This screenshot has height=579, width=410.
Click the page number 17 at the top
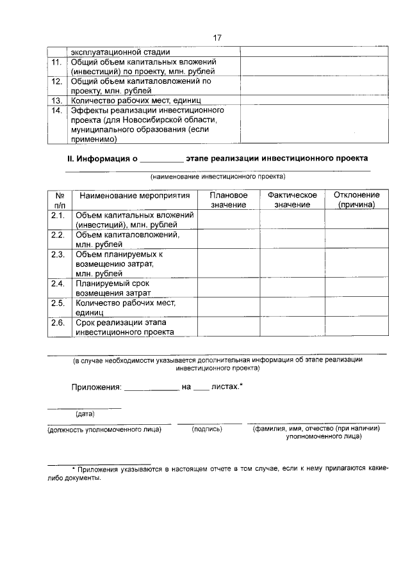tap(217, 38)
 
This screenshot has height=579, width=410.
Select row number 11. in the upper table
tap(57, 62)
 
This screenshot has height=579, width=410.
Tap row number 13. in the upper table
tap(57, 100)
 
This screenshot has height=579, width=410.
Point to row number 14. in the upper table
tap(57, 110)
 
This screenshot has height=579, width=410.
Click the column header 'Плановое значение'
tap(229, 200)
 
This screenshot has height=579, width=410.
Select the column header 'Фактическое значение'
tap(292, 200)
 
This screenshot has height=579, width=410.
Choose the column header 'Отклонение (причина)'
tap(357, 200)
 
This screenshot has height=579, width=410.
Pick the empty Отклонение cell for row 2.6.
tap(357, 327)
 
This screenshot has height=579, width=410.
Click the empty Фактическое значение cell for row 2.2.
tap(292, 239)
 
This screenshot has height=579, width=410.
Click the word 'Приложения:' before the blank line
tap(95, 388)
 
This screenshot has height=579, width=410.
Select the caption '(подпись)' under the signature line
tap(207, 429)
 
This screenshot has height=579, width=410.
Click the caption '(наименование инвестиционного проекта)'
tap(218, 177)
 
